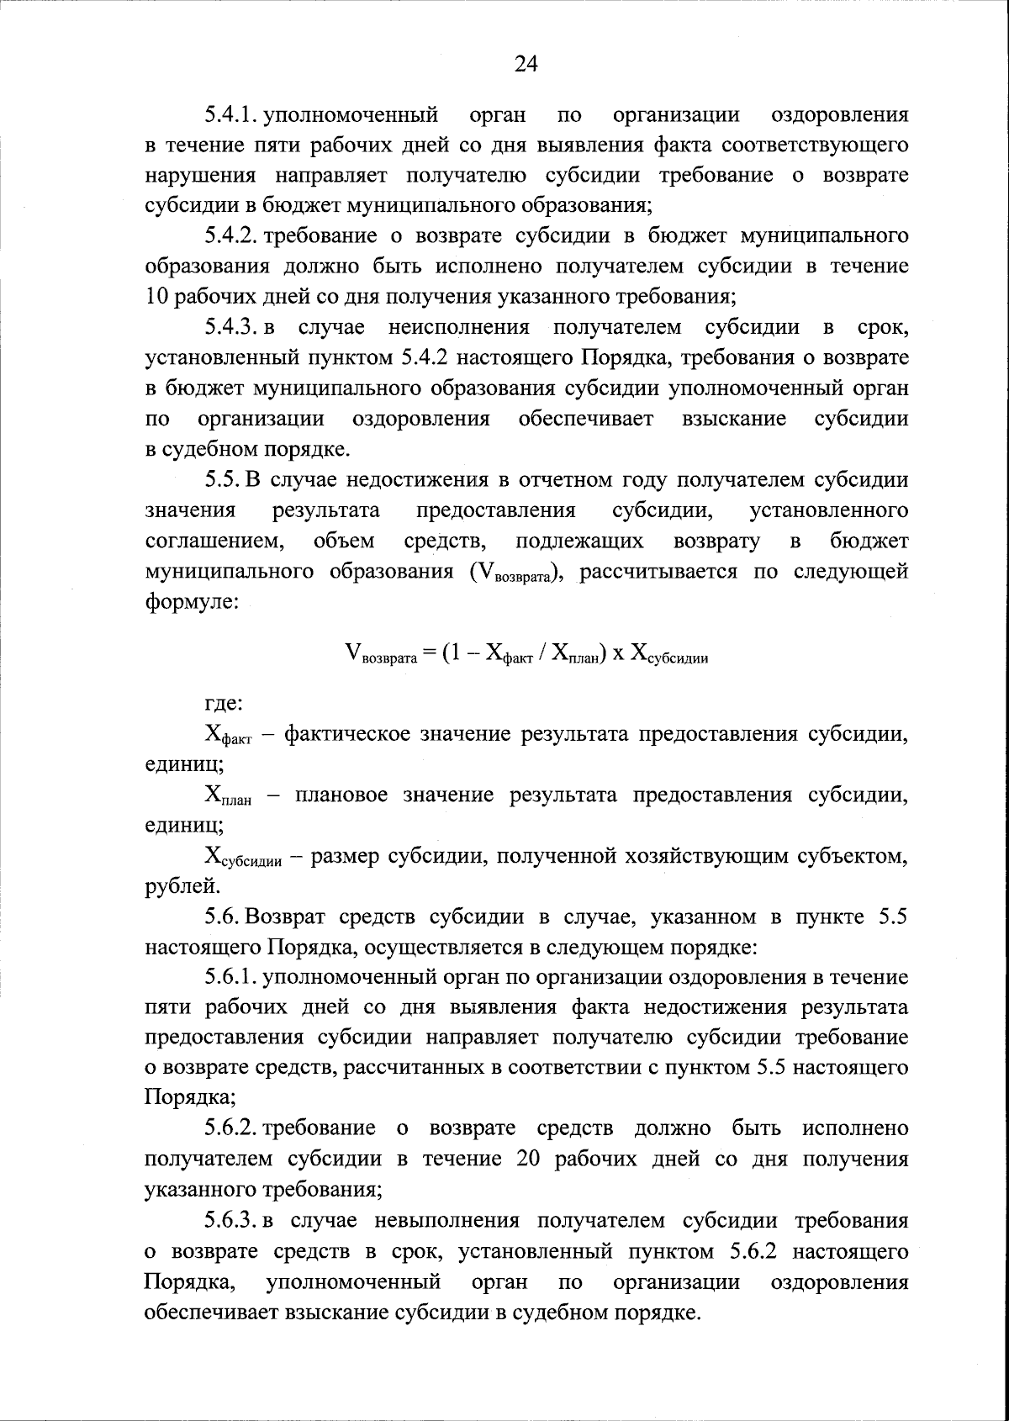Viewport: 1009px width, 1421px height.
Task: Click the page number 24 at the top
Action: click(x=525, y=65)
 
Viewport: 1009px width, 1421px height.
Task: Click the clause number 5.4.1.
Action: click(x=231, y=114)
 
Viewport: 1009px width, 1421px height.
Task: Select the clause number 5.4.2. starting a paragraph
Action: click(x=231, y=235)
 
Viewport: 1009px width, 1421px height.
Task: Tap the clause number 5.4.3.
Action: click(x=231, y=327)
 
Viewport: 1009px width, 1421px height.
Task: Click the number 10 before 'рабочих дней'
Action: click(x=157, y=296)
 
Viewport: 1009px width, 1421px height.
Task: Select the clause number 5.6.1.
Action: click(x=231, y=977)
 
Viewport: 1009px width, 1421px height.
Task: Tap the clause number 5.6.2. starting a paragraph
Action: click(x=231, y=1128)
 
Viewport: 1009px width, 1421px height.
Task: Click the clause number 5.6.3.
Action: click(x=231, y=1220)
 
